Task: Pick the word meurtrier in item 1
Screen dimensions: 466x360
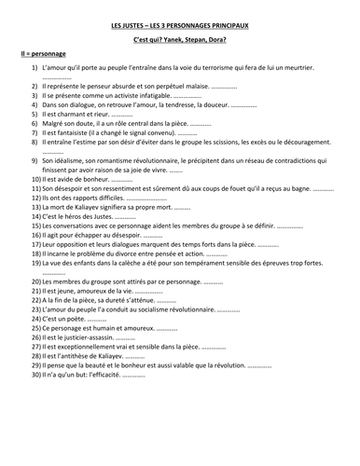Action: click(300, 69)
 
